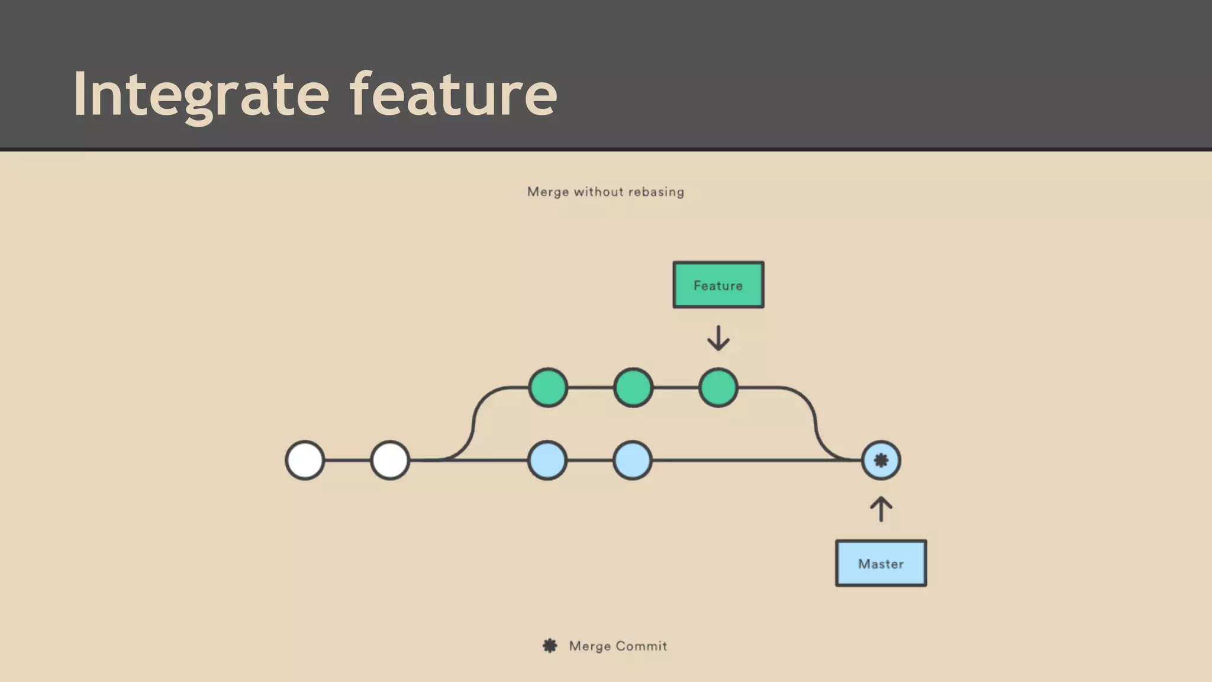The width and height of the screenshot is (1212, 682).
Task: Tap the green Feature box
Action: (718, 285)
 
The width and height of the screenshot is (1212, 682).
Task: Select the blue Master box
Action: (881, 563)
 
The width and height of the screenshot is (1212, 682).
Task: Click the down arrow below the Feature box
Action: (718, 338)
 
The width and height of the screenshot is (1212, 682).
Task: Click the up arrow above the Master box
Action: (881, 509)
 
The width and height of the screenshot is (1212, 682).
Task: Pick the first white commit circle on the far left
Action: (305, 460)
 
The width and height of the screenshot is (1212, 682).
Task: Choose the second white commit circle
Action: (390, 460)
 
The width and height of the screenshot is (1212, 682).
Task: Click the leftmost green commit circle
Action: (548, 388)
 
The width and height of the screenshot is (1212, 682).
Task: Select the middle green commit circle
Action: (633, 388)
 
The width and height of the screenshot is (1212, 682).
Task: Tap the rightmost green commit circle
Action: (718, 388)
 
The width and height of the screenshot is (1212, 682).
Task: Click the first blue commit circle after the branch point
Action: (547, 460)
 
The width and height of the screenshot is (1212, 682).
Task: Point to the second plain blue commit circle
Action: (633, 460)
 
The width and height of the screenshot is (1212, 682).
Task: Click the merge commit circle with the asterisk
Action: (881, 460)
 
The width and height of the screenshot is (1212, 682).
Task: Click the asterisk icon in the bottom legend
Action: (550, 646)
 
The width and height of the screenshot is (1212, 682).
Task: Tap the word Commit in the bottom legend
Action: (642, 646)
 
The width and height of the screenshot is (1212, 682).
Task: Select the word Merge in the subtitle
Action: (547, 192)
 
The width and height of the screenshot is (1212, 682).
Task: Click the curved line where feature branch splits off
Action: (473, 423)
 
